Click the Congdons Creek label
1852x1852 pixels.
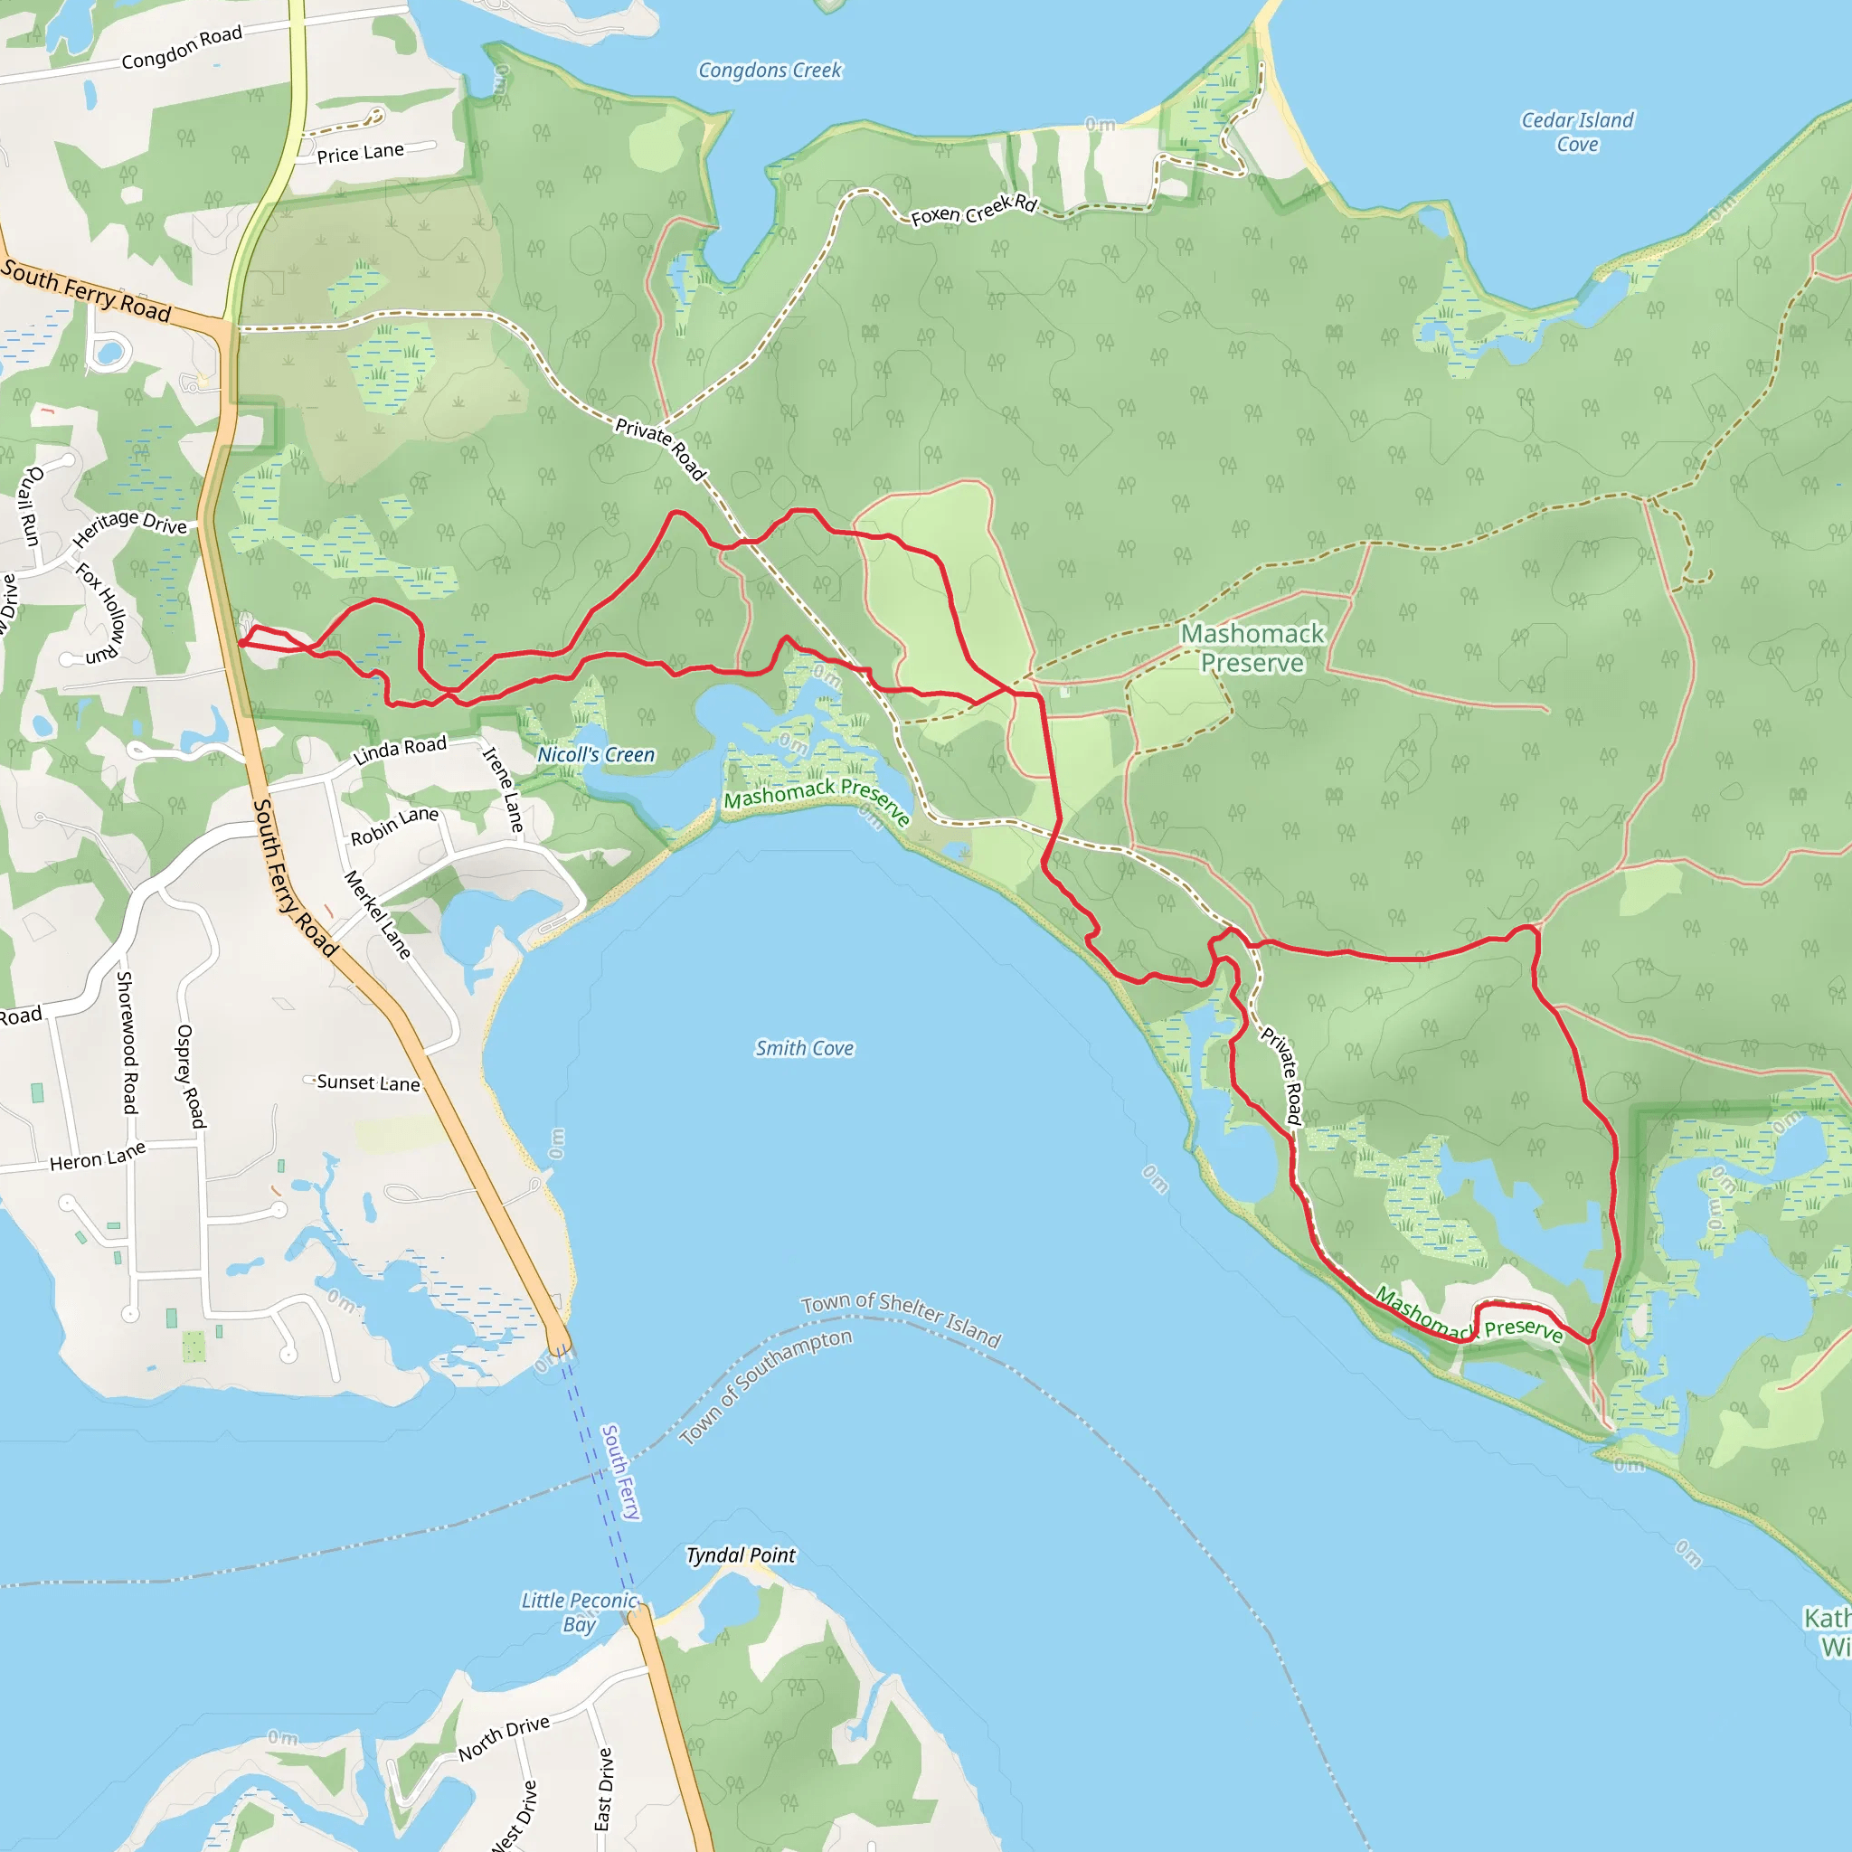(x=770, y=70)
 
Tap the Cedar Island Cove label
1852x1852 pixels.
(x=1577, y=132)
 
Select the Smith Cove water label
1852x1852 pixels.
(x=804, y=1049)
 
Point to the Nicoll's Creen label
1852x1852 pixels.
(x=595, y=754)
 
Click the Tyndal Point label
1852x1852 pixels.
(x=740, y=1554)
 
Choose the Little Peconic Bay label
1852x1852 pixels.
(x=579, y=1612)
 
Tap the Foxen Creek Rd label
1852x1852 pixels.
(x=974, y=210)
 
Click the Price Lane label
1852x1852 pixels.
(x=361, y=154)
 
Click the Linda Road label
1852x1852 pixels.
(x=400, y=750)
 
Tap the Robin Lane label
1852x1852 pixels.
(x=394, y=826)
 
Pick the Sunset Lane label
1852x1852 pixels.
(x=368, y=1082)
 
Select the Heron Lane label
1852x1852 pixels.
(x=98, y=1156)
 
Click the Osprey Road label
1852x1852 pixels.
(x=191, y=1075)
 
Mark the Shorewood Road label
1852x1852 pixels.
(x=128, y=1042)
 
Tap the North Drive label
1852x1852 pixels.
(x=504, y=1737)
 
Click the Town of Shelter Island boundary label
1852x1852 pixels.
(x=901, y=1319)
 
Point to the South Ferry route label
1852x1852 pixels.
(x=620, y=1471)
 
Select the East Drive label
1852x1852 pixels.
(x=603, y=1789)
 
